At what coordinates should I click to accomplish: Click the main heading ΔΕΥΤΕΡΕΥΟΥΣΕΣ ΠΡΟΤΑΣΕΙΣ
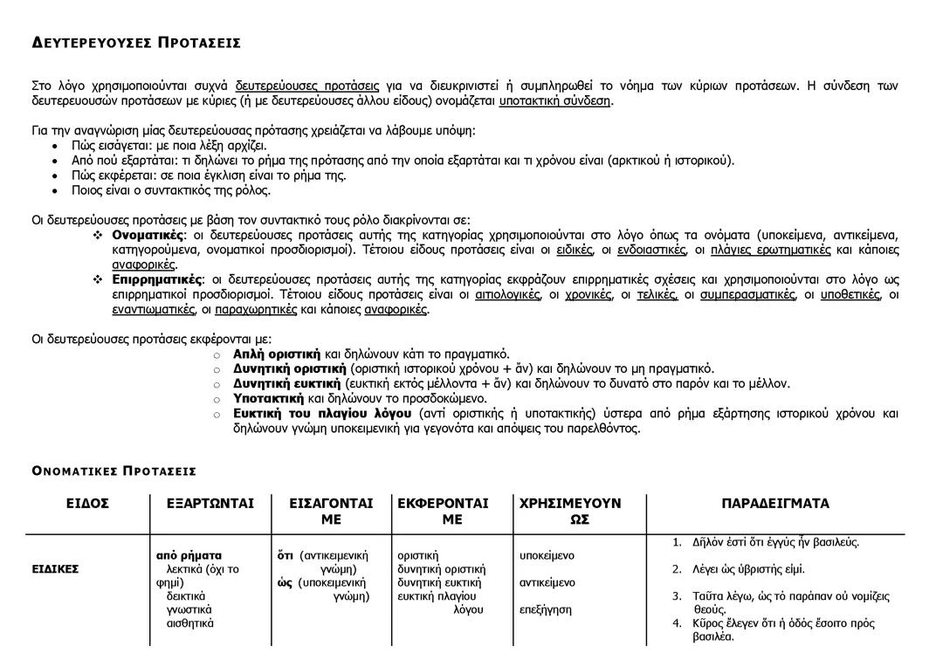tap(136, 43)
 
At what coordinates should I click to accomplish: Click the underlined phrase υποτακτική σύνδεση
tap(554, 100)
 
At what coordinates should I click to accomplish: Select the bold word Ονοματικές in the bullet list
tap(148, 235)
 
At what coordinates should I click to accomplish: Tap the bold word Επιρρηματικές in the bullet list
tap(156, 279)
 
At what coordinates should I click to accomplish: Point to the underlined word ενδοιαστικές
tap(650, 250)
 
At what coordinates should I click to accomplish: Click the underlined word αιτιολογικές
tap(507, 294)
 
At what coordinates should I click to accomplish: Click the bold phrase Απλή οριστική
tap(276, 354)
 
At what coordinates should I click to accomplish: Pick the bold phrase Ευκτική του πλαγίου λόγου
tap(322, 413)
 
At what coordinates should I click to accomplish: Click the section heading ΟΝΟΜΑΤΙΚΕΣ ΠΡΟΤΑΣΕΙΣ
tap(114, 471)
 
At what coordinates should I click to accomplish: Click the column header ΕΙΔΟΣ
tap(87, 504)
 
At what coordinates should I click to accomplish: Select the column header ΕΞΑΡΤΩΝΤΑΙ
tap(210, 504)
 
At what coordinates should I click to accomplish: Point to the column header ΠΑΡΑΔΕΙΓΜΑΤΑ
tap(775, 504)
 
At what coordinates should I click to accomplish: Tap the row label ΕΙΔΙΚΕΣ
tap(56, 569)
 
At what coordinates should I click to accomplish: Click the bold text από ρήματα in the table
tap(189, 555)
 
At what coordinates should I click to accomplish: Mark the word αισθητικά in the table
tap(190, 623)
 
